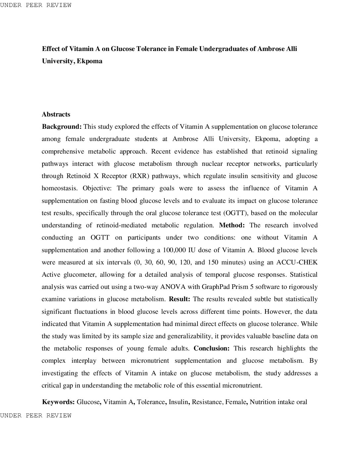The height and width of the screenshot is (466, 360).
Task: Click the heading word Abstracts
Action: [x=56, y=115]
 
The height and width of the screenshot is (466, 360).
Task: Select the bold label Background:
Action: [x=62, y=127]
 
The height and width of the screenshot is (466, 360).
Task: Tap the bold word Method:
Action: [x=232, y=225]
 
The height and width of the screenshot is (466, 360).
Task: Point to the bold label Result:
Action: [x=179, y=299]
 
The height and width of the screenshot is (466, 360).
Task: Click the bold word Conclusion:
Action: [x=211, y=349]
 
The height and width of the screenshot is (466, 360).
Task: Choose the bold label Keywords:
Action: [x=58, y=402]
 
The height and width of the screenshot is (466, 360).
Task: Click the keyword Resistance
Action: [x=207, y=402]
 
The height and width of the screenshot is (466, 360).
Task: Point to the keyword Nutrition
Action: [x=262, y=402]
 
